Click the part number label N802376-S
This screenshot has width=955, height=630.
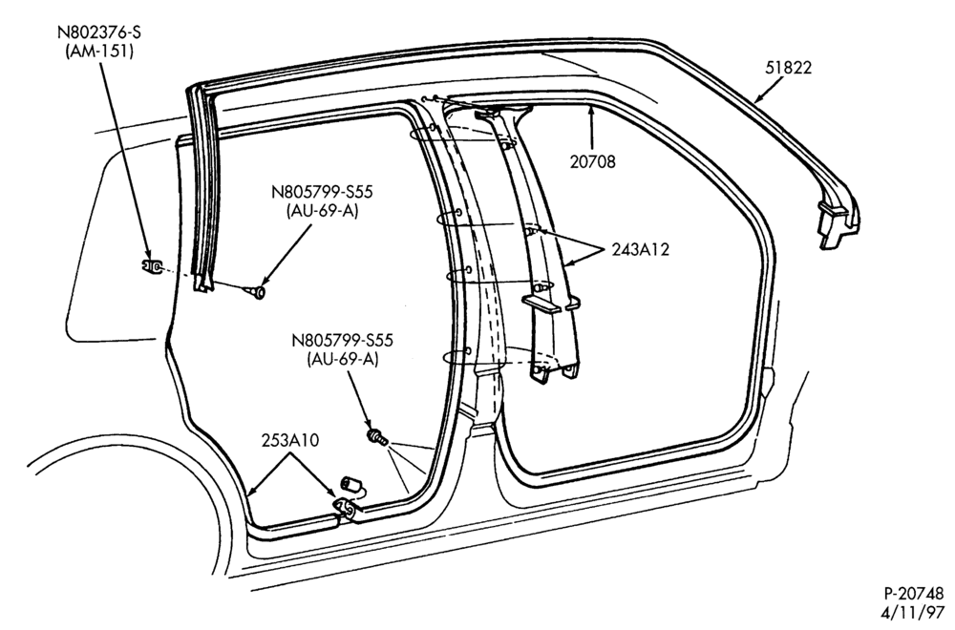[99, 32]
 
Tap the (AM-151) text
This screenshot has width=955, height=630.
[99, 52]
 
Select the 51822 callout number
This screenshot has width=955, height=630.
[788, 68]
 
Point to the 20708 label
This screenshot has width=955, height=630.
[593, 161]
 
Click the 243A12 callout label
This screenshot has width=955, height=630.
[640, 249]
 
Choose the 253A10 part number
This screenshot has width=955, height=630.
[290, 440]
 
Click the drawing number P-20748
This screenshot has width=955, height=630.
[914, 593]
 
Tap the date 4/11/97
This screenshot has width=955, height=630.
[919, 612]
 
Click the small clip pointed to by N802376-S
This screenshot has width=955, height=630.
[151, 266]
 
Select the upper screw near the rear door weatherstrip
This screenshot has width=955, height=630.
[257, 293]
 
